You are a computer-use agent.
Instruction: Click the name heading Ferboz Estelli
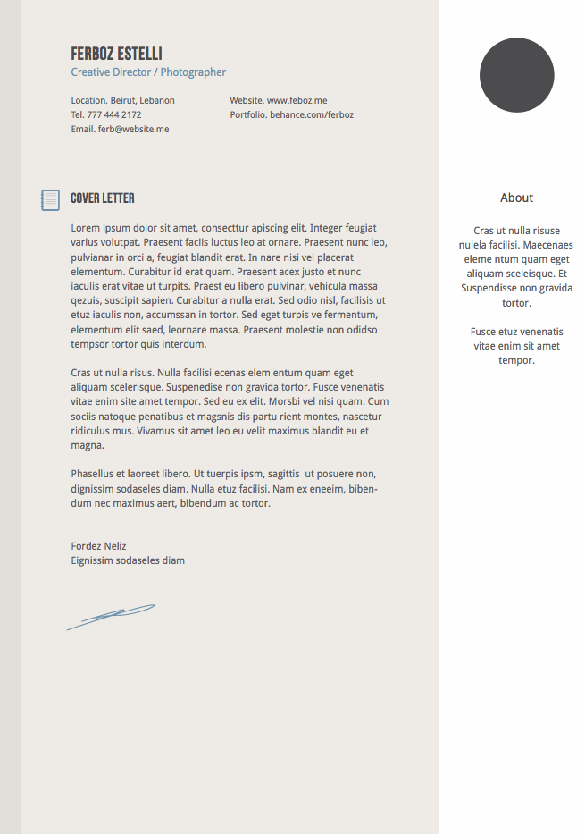(x=116, y=54)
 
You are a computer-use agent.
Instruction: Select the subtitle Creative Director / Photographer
(x=148, y=72)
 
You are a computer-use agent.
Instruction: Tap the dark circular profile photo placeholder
(x=516, y=75)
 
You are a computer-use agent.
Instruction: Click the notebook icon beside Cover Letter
(x=50, y=200)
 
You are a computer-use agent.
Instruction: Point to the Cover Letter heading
(x=103, y=198)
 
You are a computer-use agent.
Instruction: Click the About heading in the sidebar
(x=516, y=198)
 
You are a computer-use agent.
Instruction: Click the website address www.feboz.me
(x=297, y=101)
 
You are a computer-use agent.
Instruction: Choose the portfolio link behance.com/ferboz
(x=312, y=115)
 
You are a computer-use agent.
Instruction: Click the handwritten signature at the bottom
(x=111, y=616)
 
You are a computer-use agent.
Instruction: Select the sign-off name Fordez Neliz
(x=98, y=546)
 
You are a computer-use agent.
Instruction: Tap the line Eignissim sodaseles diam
(x=128, y=560)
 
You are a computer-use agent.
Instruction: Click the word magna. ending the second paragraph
(x=88, y=445)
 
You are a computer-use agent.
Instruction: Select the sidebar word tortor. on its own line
(x=516, y=303)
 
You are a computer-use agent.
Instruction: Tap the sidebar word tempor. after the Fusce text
(x=516, y=360)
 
